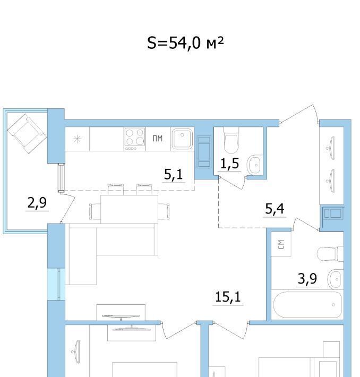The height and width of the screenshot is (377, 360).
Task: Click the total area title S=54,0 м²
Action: tap(185, 43)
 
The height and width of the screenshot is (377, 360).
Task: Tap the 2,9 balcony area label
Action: tap(37, 203)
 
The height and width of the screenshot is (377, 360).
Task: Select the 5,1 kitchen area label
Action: tap(174, 174)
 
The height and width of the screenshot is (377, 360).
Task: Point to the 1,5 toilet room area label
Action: tap(230, 164)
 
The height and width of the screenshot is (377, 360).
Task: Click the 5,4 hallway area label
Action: tap(275, 209)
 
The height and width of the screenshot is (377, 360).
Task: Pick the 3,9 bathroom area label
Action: tap(307, 279)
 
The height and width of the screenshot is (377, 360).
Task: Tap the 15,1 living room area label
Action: tap(228, 297)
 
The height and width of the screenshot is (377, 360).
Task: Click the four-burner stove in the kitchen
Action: tap(135, 139)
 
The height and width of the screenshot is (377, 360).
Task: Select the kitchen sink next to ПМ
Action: tap(182, 139)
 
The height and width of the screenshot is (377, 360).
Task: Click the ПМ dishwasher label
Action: tap(158, 139)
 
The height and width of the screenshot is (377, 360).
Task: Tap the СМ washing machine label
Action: tap(281, 244)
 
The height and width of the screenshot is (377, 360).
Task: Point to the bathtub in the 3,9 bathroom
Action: tap(307, 305)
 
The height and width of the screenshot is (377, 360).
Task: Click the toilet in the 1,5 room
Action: tap(232, 140)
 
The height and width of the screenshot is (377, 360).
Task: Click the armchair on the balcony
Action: tap(27, 133)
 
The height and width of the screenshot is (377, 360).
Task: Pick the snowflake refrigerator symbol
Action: tap(77, 139)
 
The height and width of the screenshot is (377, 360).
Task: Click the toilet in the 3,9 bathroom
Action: tap(330, 254)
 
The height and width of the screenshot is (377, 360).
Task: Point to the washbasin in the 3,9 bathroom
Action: tap(336, 279)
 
